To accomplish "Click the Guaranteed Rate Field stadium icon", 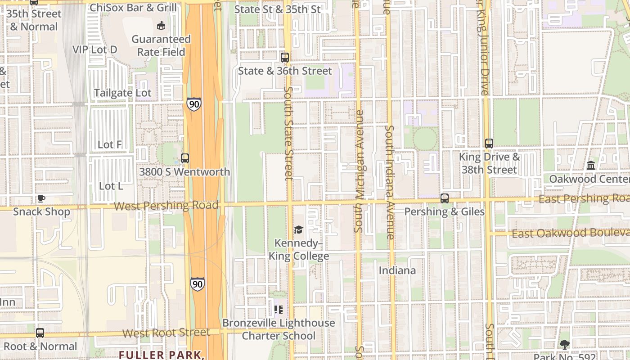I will (x=161, y=25).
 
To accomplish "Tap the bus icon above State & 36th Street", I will (x=284, y=57).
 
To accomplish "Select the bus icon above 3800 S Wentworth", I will (x=184, y=158).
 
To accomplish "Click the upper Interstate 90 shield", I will (x=194, y=104).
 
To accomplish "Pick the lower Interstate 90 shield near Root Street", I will (x=197, y=283).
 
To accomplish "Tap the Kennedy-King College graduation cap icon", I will (x=298, y=230).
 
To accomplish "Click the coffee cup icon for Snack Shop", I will (x=41, y=198).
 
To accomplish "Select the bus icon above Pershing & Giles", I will (x=444, y=198).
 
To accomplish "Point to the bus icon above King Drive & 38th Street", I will (x=489, y=144).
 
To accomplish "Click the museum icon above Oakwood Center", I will (x=591, y=166).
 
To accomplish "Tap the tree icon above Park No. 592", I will (x=564, y=345).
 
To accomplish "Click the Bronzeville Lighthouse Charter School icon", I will (x=279, y=310).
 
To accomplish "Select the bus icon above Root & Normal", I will (x=40, y=333).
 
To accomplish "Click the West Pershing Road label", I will (x=166, y=206).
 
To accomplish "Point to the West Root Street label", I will (x=166, y=333).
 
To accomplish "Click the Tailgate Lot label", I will (x=122, y=93).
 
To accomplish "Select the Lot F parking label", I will (x=110, y=144).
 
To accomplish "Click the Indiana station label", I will (x=397, y=270).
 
